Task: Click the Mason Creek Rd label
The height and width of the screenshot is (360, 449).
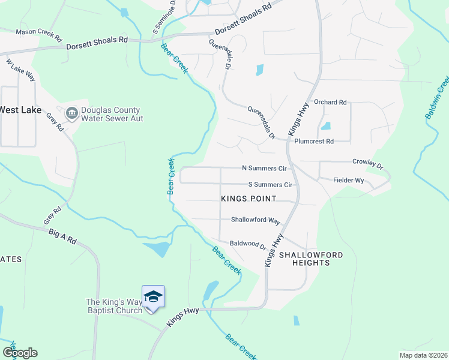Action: [x=39, y=34]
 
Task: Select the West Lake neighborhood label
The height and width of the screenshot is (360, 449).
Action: [x=20, y=110]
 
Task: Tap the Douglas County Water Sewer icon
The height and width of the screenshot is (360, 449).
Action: [x=71, y=114]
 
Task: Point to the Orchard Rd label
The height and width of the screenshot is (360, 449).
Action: [x=330, y=103]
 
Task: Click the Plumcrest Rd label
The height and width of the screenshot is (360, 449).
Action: [x=313, y=142]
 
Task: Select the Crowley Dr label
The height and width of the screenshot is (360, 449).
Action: [x=367, y=163]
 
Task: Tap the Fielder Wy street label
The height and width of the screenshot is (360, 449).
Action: [x=349, y=180]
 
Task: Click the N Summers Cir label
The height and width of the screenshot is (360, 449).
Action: [x=264, y=169]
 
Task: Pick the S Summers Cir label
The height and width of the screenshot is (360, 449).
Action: [x=270, y=185]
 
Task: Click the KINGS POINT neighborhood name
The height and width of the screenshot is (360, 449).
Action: [x=249, y=199]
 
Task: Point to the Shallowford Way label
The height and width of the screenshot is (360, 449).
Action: [x=256, y=220]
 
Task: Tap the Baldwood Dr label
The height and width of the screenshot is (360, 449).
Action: [x=248, y=244]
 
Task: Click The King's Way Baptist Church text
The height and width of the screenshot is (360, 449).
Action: [x=114, y=306]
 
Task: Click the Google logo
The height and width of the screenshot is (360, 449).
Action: [x=20, y=353]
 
